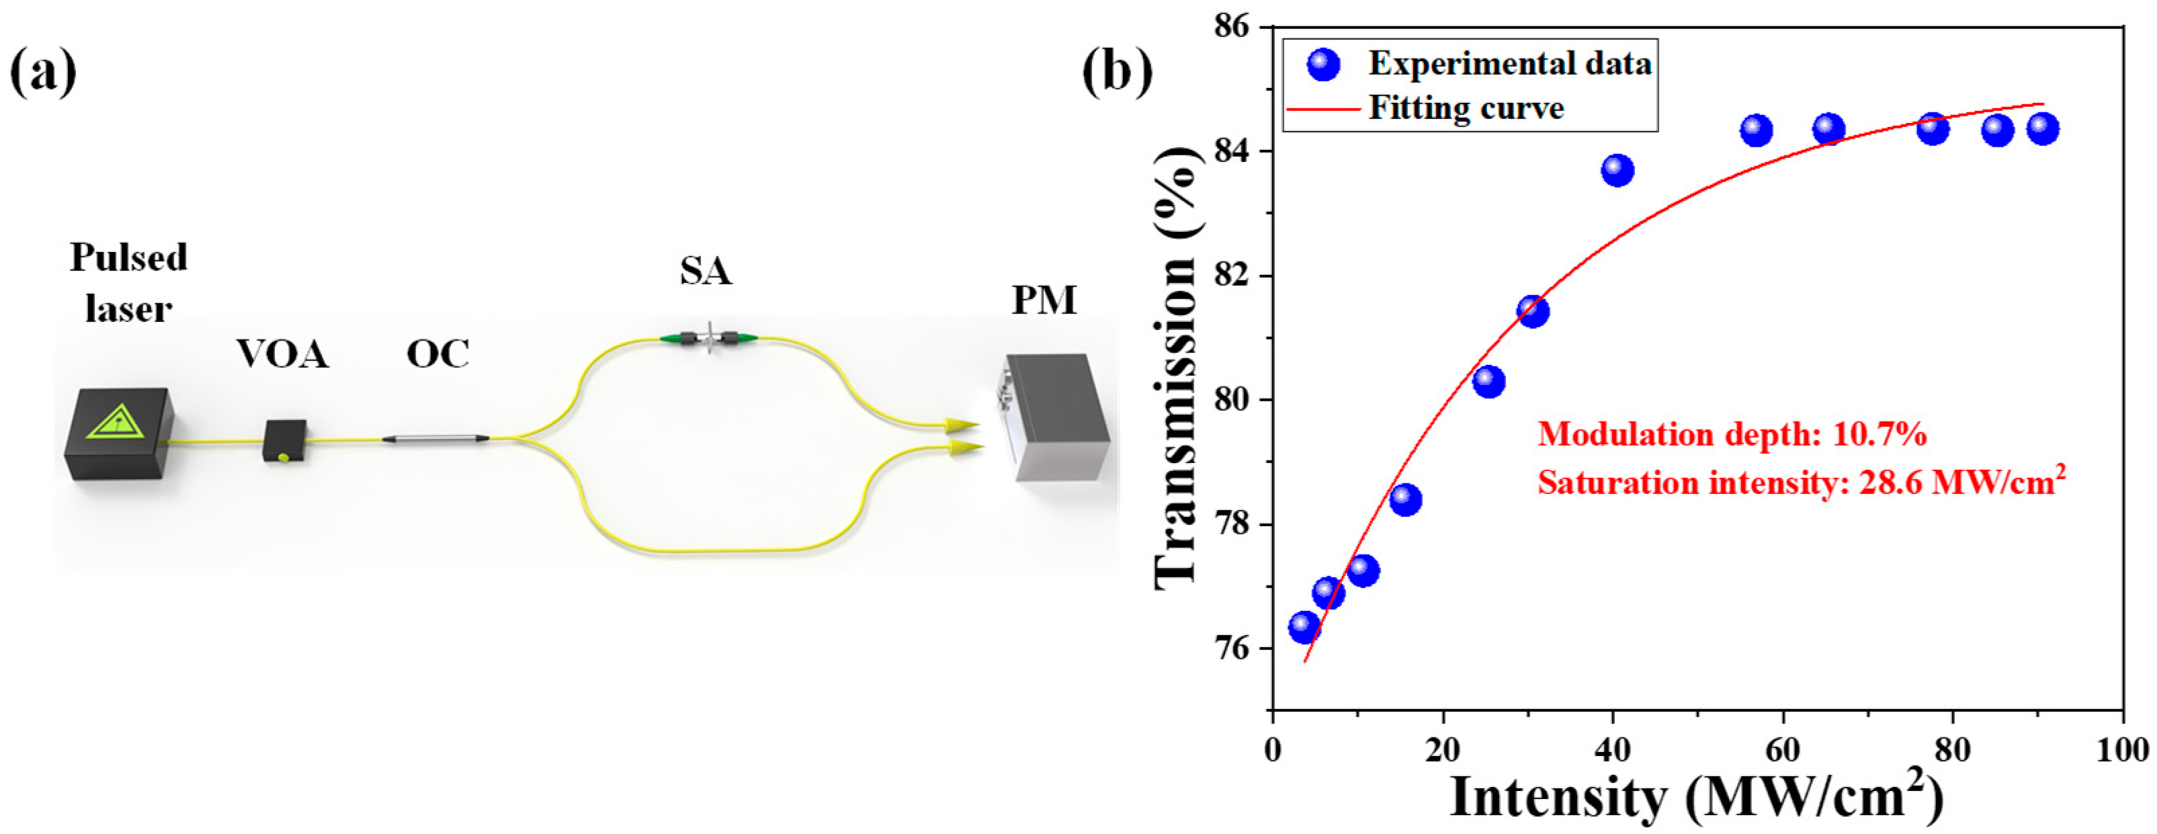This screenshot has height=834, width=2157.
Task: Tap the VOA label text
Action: pyautogui.click(x=282, y=355)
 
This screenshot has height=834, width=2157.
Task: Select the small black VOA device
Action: pyautogui.click(x=285, y=440)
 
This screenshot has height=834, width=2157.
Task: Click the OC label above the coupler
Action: pyautogui.click(x=438, y=355)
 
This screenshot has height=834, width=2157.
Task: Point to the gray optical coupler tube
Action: pyautogui.click(x=435, y=438)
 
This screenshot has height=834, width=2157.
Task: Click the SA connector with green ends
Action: pyautogui.click(x=709, y=338)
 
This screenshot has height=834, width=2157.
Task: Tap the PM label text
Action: pyautogui.click(x=1044, y=300)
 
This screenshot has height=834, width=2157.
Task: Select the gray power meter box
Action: pyautogui.click(x=1057, y=416)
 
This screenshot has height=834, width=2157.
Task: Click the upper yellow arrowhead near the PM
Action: pyautogui.click(x=963, y=425)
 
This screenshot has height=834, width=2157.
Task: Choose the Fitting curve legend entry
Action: pyautogui.click(x=1466, y=108)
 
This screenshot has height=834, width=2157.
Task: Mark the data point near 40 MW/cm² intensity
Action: pyautogui.click(x=1618, y=171)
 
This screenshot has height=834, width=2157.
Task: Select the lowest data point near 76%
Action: pyautogui.click(x=1304, y=626)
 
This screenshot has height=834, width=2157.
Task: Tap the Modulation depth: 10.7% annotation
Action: pyautogui.click(x=1732, y=435)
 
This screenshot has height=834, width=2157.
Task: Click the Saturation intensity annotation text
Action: pyautogui.click(x=1800, y=483)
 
